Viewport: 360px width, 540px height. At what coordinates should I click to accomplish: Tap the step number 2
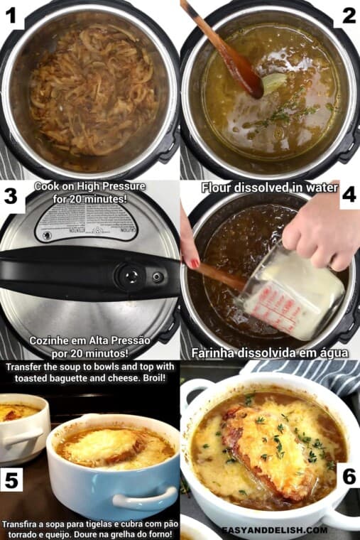348,15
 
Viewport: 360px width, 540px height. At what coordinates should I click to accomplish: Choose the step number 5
12,480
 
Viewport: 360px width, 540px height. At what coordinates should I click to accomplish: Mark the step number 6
348,476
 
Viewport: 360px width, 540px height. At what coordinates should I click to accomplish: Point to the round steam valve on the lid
130,275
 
